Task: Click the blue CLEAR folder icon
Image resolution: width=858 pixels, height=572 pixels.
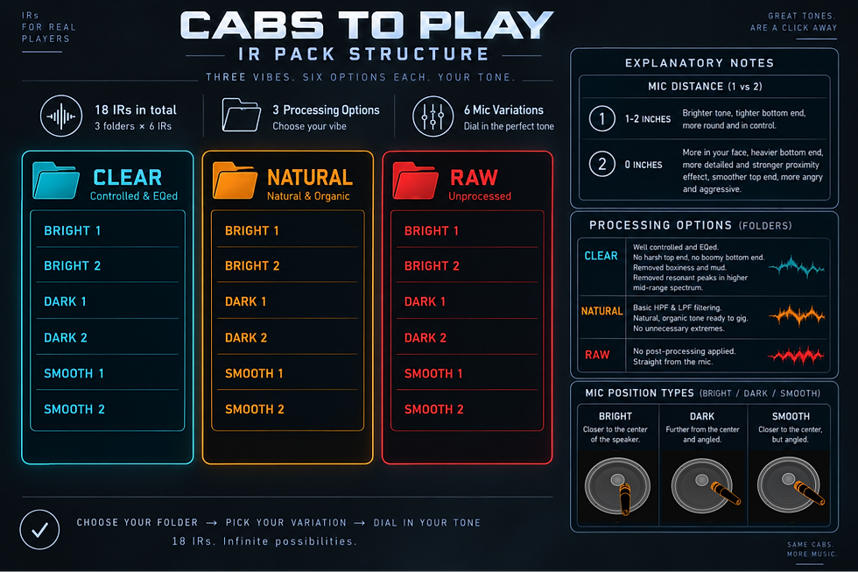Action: tap(56, 180)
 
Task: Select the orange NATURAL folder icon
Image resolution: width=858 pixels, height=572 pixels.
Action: tap(235, 180)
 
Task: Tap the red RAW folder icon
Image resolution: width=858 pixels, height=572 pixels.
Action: tap(415, 180)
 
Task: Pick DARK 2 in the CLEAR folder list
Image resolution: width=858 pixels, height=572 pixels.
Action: tap(66, 338)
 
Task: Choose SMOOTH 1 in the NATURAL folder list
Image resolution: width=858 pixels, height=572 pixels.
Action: tap(254, 373)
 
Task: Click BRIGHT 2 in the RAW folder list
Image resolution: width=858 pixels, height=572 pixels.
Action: tap(432, 266)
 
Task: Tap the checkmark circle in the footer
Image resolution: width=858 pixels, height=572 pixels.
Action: tap(39, 529)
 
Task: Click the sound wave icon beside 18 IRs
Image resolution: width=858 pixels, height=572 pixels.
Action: tap(61, 116)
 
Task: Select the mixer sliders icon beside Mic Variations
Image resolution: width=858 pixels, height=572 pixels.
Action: tap(433, 117)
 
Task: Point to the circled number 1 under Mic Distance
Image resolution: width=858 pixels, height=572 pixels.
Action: tap(602, 119)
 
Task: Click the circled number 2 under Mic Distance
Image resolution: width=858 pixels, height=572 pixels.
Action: tap(602, 164)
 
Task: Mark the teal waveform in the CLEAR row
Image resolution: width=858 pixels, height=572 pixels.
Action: tap(796, 266)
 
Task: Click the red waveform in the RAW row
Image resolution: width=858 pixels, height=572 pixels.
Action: tap(796, 356)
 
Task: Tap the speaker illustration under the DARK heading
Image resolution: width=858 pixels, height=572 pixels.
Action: tap(702, 485)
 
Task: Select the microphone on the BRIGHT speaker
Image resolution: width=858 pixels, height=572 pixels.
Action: tap(624, 499)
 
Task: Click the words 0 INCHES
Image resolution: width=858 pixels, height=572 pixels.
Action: tap(643, 165)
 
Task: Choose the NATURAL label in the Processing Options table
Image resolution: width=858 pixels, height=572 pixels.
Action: tap(602, 311)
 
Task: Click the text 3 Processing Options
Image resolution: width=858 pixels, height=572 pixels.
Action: tap(326, 110)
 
